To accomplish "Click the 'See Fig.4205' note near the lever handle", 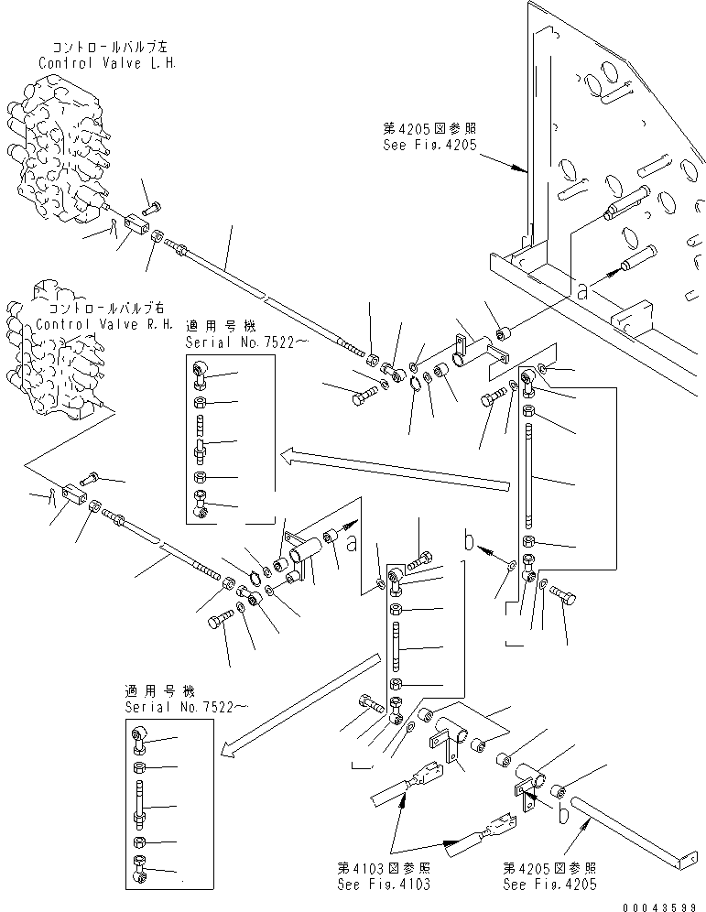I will pos(549,884).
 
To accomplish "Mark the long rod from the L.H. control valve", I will pos(266,294).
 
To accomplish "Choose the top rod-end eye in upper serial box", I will pos(202,370).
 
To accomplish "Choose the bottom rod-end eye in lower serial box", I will pos(140,866).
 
